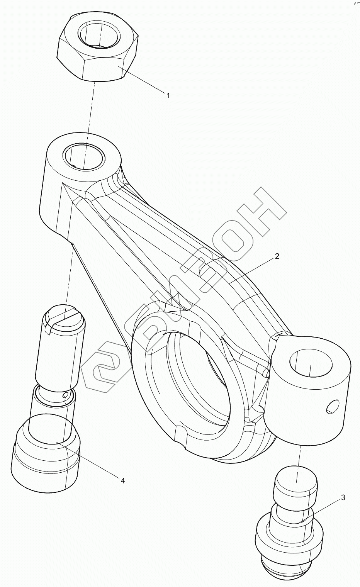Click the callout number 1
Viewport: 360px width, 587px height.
click(x=168, y=95)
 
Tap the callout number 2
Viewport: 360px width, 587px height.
click(x=277, y=256)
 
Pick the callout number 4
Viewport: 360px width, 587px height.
click(x=122, y=481)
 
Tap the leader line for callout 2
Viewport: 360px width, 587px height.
click(x=251, y=270)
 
